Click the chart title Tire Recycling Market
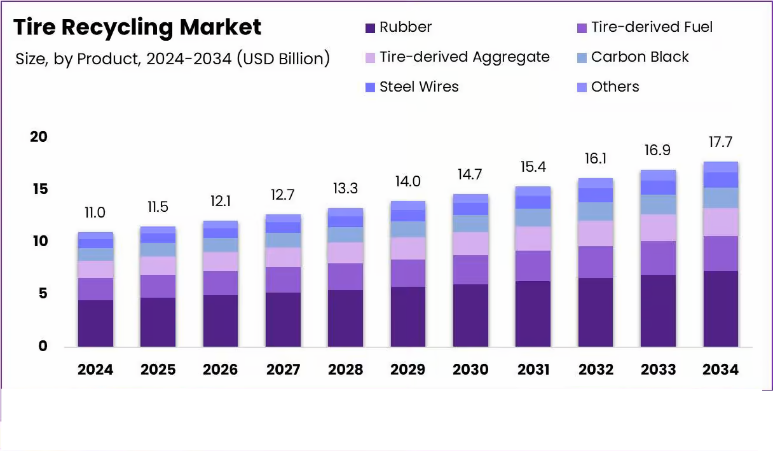click(137, 27)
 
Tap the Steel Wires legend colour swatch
click(371, 88)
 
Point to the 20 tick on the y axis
click(39, 137)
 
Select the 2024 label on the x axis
click(95, 370)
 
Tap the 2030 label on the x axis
click(470, 370)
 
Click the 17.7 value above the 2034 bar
click(721, 141)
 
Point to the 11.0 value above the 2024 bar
click(95, 212)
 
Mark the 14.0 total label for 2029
click(407, 181)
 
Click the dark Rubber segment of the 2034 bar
click(721, 309)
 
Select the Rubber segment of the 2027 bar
click(283, 319)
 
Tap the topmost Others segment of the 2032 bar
click(596, 183)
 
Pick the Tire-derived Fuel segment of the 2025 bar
click(158, 286)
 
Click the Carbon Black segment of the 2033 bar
click(658, 204)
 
